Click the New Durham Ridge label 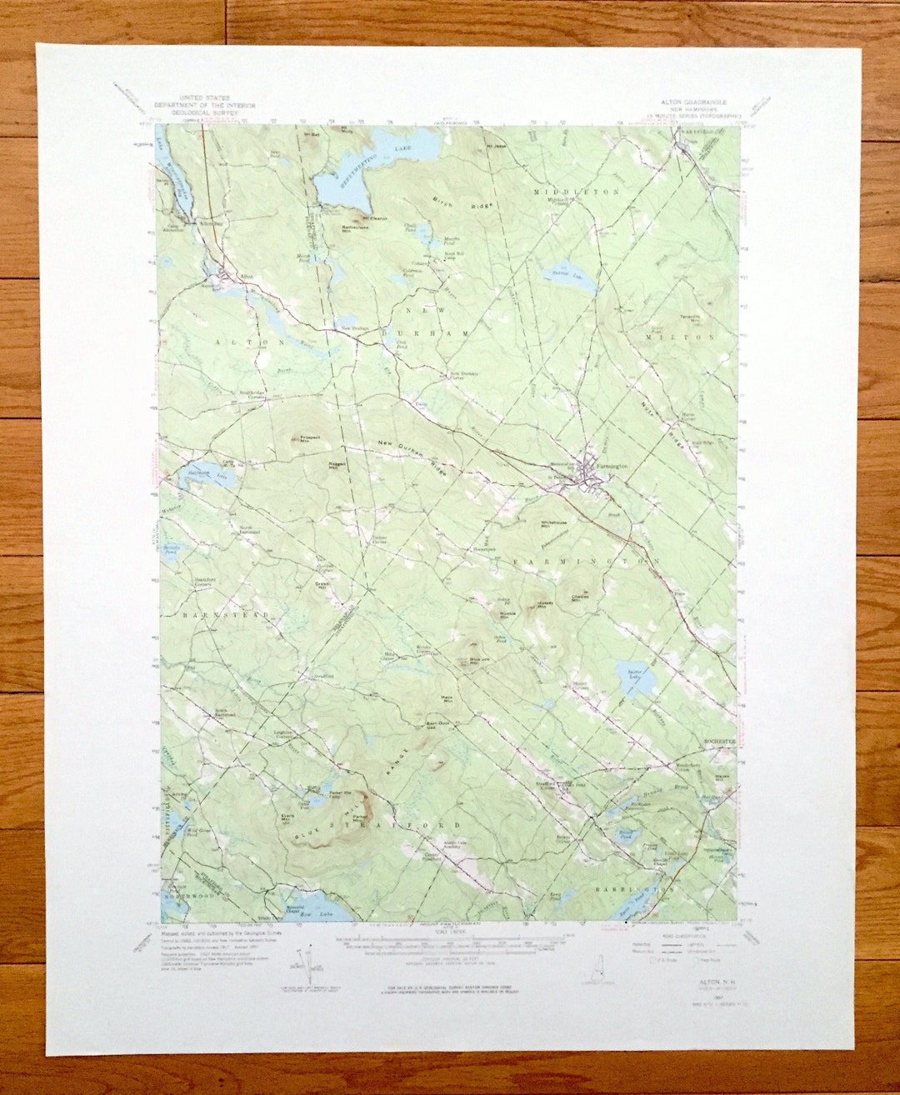click(x=412, y=457)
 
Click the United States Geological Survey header click(x=204, y=102)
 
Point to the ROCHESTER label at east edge click(x=718, y=740)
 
